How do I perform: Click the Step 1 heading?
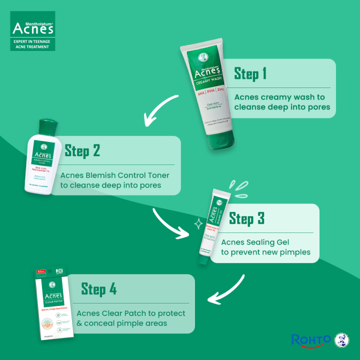click(250, 74)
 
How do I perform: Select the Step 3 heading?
click(246, 218)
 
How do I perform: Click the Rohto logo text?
click(310, 340)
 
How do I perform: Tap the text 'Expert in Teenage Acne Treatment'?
click(32, 44)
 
